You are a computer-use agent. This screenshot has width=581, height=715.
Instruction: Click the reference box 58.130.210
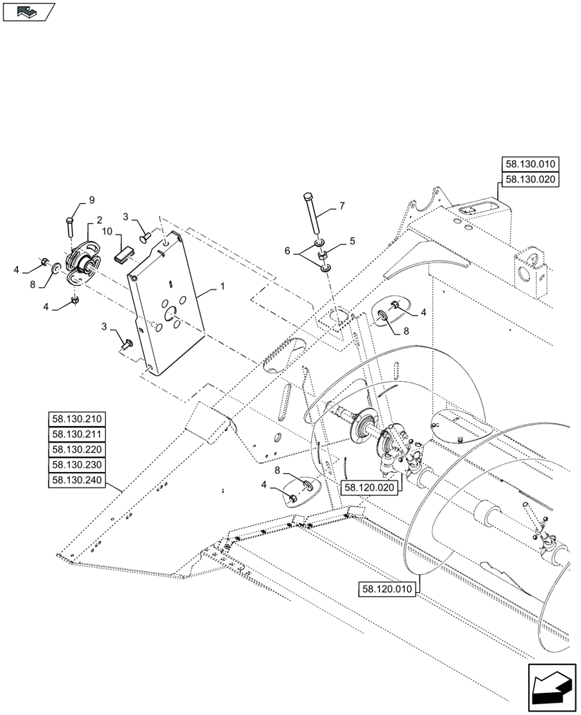point(77,419)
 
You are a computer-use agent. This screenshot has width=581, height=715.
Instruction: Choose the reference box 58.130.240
point(77,480)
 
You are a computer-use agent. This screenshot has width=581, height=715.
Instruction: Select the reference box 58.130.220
point(77,450)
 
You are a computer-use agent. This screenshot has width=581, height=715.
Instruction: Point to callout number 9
point(92,199)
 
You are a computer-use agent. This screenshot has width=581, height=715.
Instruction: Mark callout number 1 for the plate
point(223,286)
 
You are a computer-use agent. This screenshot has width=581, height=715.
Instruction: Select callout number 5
point(352,242)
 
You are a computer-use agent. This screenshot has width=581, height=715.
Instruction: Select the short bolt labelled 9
point(70,225)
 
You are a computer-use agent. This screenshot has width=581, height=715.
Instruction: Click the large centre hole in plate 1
point(171,312)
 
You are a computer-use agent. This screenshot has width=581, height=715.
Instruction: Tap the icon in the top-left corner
point(28,11)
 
